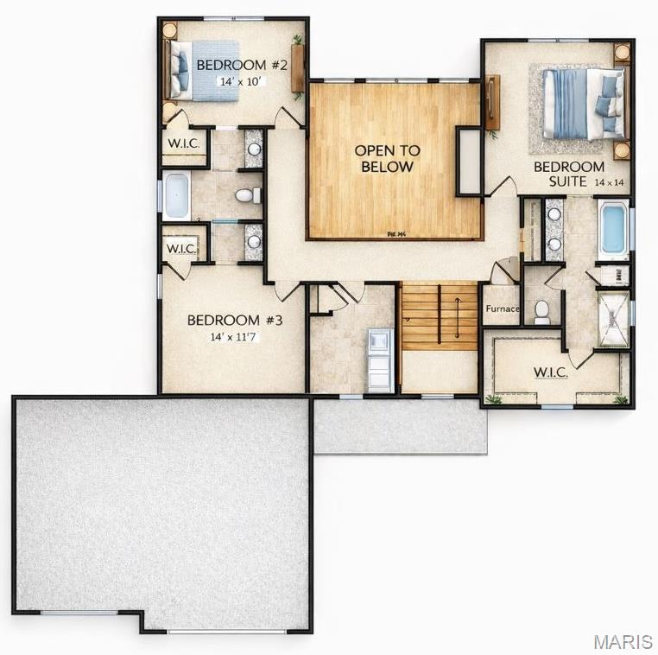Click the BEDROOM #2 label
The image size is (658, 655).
coord(230,65)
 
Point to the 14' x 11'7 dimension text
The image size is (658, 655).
coord(234,337)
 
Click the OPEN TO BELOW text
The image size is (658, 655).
coord(388,158)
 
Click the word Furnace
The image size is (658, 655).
coord(502,308)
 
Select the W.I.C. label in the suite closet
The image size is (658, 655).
coord(550,372)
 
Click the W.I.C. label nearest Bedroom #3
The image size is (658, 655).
coord(182,249)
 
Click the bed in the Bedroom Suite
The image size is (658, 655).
coord(580,104)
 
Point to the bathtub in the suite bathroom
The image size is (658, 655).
coord(612,229)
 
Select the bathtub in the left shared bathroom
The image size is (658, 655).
coord(176,195)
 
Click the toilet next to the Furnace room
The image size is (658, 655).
coord(542,311)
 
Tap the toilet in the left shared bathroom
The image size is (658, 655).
coord(246,195)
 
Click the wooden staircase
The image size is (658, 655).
coord(439,316)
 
